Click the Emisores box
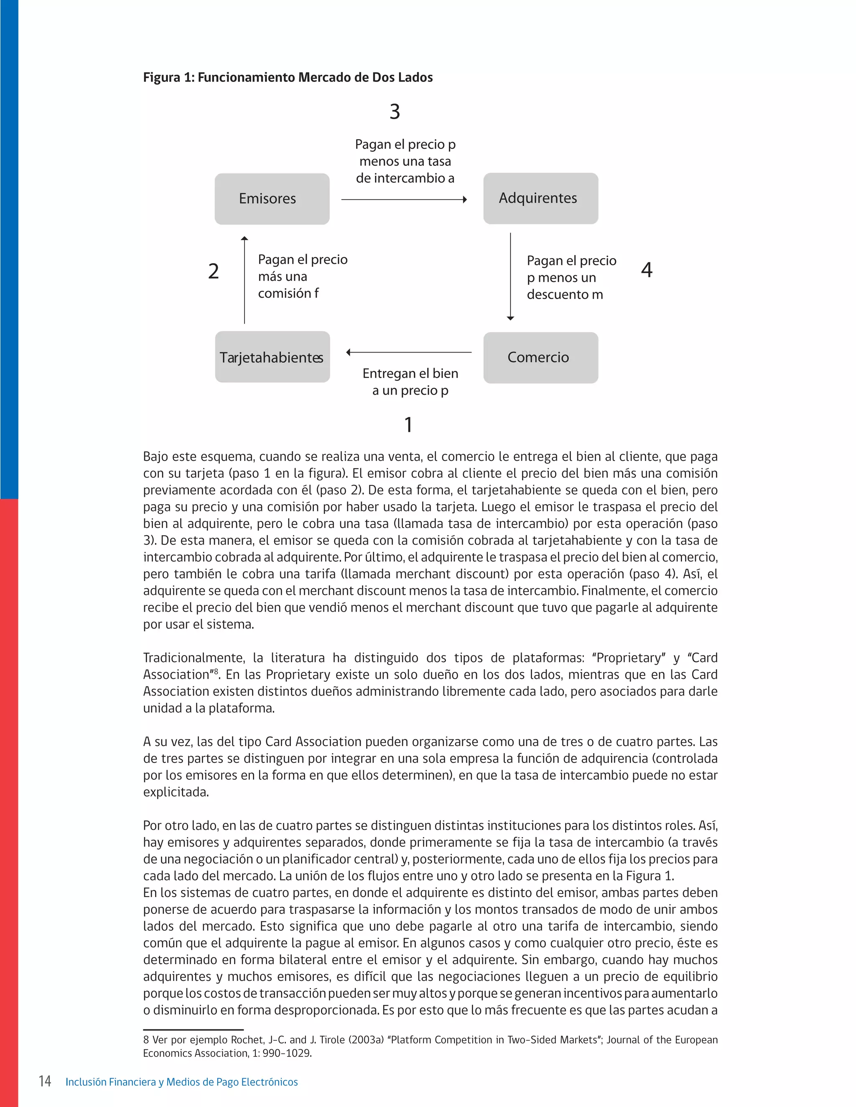pyautogui.click(x=272, y=199)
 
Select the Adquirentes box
pyautogui.click(x=540, y=198)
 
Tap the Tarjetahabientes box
pyautogui.click(x=273, y=357)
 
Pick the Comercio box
pyautogui.click(x=540, y=357)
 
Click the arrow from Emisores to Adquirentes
pyautogui.click(x=404, y=200)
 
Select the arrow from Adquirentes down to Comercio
pyautogui.click(x=510, y=277)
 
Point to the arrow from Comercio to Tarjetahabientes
pyautogui.click(x=409, y=352)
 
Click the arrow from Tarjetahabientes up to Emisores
pyautogui.click(x=245, y=280)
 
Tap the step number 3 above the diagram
pyautogui.click(x=395, y=112)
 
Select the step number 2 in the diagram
pyautogui.click(x=214, y=271)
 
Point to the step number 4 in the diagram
pyautogui.click(x=647, y=270)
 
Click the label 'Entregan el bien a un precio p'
pyautogui.click(x=410, y=382)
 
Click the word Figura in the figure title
pyautogui.click(x=161, y=78)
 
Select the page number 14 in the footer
pyautogui.click(x=45, y=1082)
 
